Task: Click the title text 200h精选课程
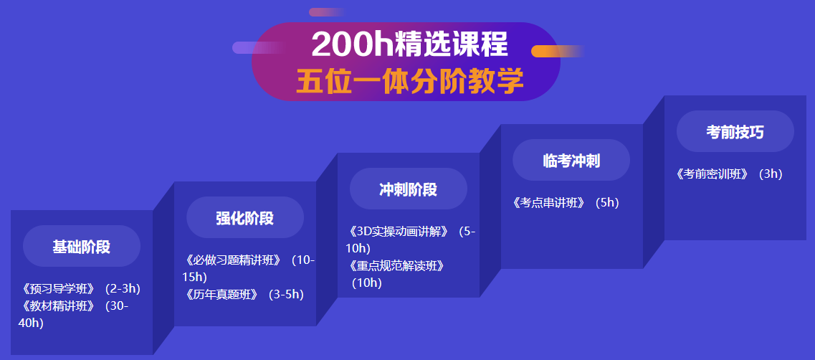[409, 45]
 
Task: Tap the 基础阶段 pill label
[81, 247]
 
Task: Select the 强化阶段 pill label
[244, 218]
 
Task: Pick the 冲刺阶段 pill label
[408, 189]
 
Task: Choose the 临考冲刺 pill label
[571, 161]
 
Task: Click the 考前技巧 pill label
[735, 132]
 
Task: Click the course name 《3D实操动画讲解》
[399, 232]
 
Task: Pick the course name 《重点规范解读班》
[396, 266]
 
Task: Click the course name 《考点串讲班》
[549, 203]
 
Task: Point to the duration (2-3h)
[123, 289]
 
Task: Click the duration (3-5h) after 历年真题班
[286, 294]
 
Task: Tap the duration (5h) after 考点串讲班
[606, 203]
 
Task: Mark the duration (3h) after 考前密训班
[771, 174]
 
